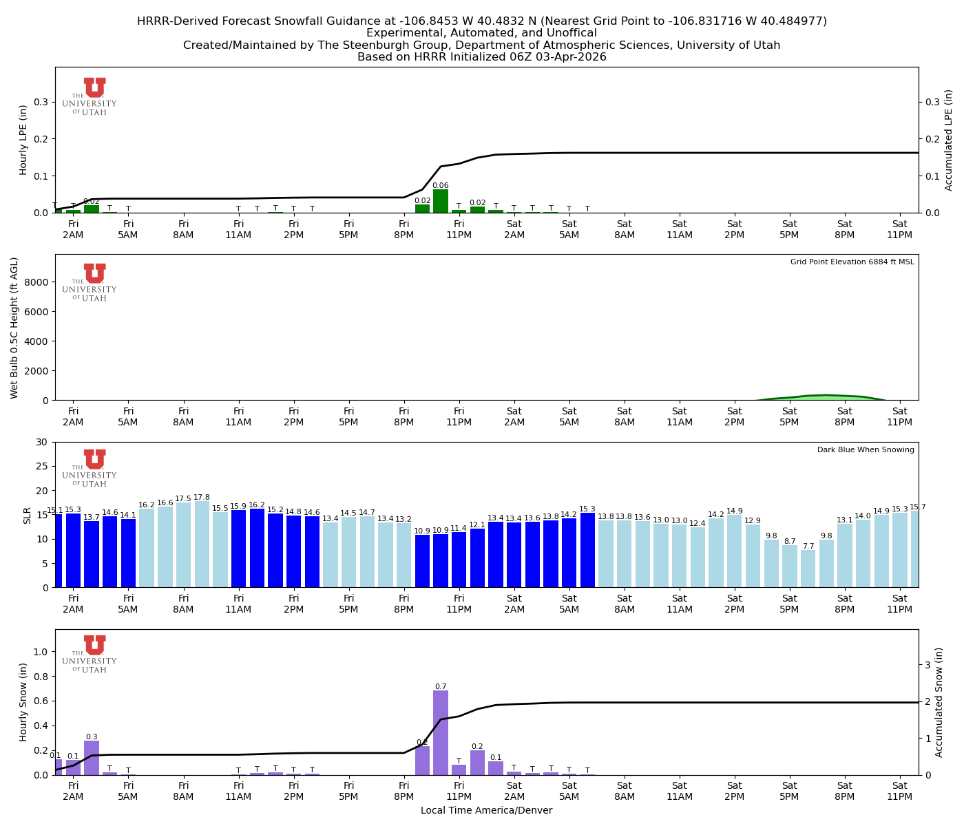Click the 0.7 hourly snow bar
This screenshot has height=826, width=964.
point(441,733)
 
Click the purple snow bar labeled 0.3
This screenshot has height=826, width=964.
point(92,757)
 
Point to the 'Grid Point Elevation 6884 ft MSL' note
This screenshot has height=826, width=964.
point(852,262)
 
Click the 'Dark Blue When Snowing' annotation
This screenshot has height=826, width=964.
point(866,450)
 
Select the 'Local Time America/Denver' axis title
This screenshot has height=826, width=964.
point(486,811)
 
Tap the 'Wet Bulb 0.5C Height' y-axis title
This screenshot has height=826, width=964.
point(14,328)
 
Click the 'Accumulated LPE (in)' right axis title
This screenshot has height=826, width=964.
point(949,140)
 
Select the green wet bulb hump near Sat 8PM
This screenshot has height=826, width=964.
point(826,397)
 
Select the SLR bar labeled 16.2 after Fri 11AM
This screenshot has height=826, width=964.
point(257,547)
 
